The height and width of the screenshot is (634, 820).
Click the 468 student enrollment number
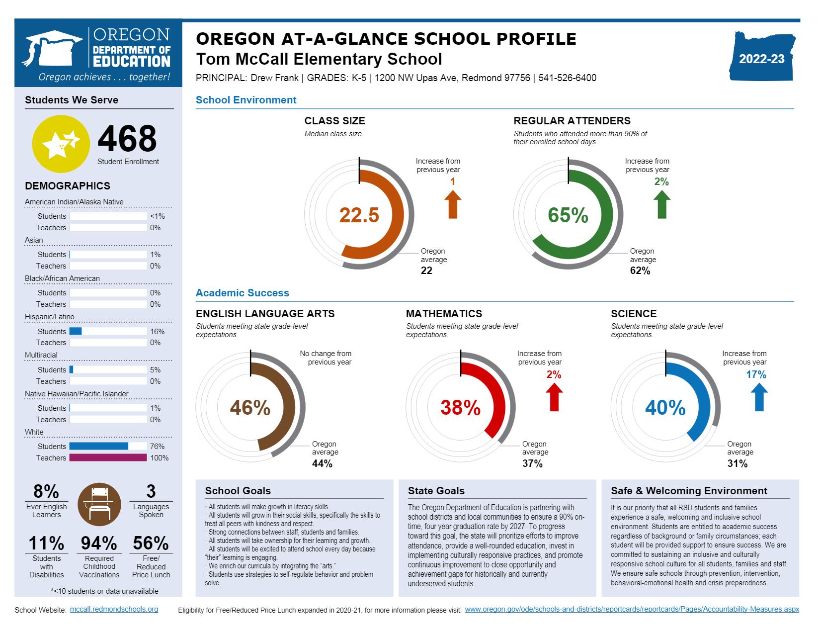127,139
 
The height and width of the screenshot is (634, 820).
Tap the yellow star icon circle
61,144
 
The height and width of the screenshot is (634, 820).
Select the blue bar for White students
98,446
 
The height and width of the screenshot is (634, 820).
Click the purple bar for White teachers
108,457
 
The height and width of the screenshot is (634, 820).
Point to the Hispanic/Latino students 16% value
157,332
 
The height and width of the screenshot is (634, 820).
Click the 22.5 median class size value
359,215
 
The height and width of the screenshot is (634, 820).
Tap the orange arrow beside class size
452,204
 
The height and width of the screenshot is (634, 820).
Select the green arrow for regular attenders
661,204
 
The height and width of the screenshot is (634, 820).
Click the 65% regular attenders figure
568,215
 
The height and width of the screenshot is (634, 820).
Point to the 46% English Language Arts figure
250,408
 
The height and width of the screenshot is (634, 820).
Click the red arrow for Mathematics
554,397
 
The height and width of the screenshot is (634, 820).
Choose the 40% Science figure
665,408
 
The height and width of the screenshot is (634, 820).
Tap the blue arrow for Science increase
758,397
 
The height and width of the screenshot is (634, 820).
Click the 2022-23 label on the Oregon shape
761,59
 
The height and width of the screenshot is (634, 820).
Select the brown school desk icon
99,504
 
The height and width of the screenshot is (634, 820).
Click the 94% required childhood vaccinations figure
99,543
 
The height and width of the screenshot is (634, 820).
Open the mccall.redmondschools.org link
114,609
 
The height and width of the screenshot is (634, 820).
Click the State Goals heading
436,491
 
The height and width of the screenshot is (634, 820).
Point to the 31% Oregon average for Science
737,463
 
